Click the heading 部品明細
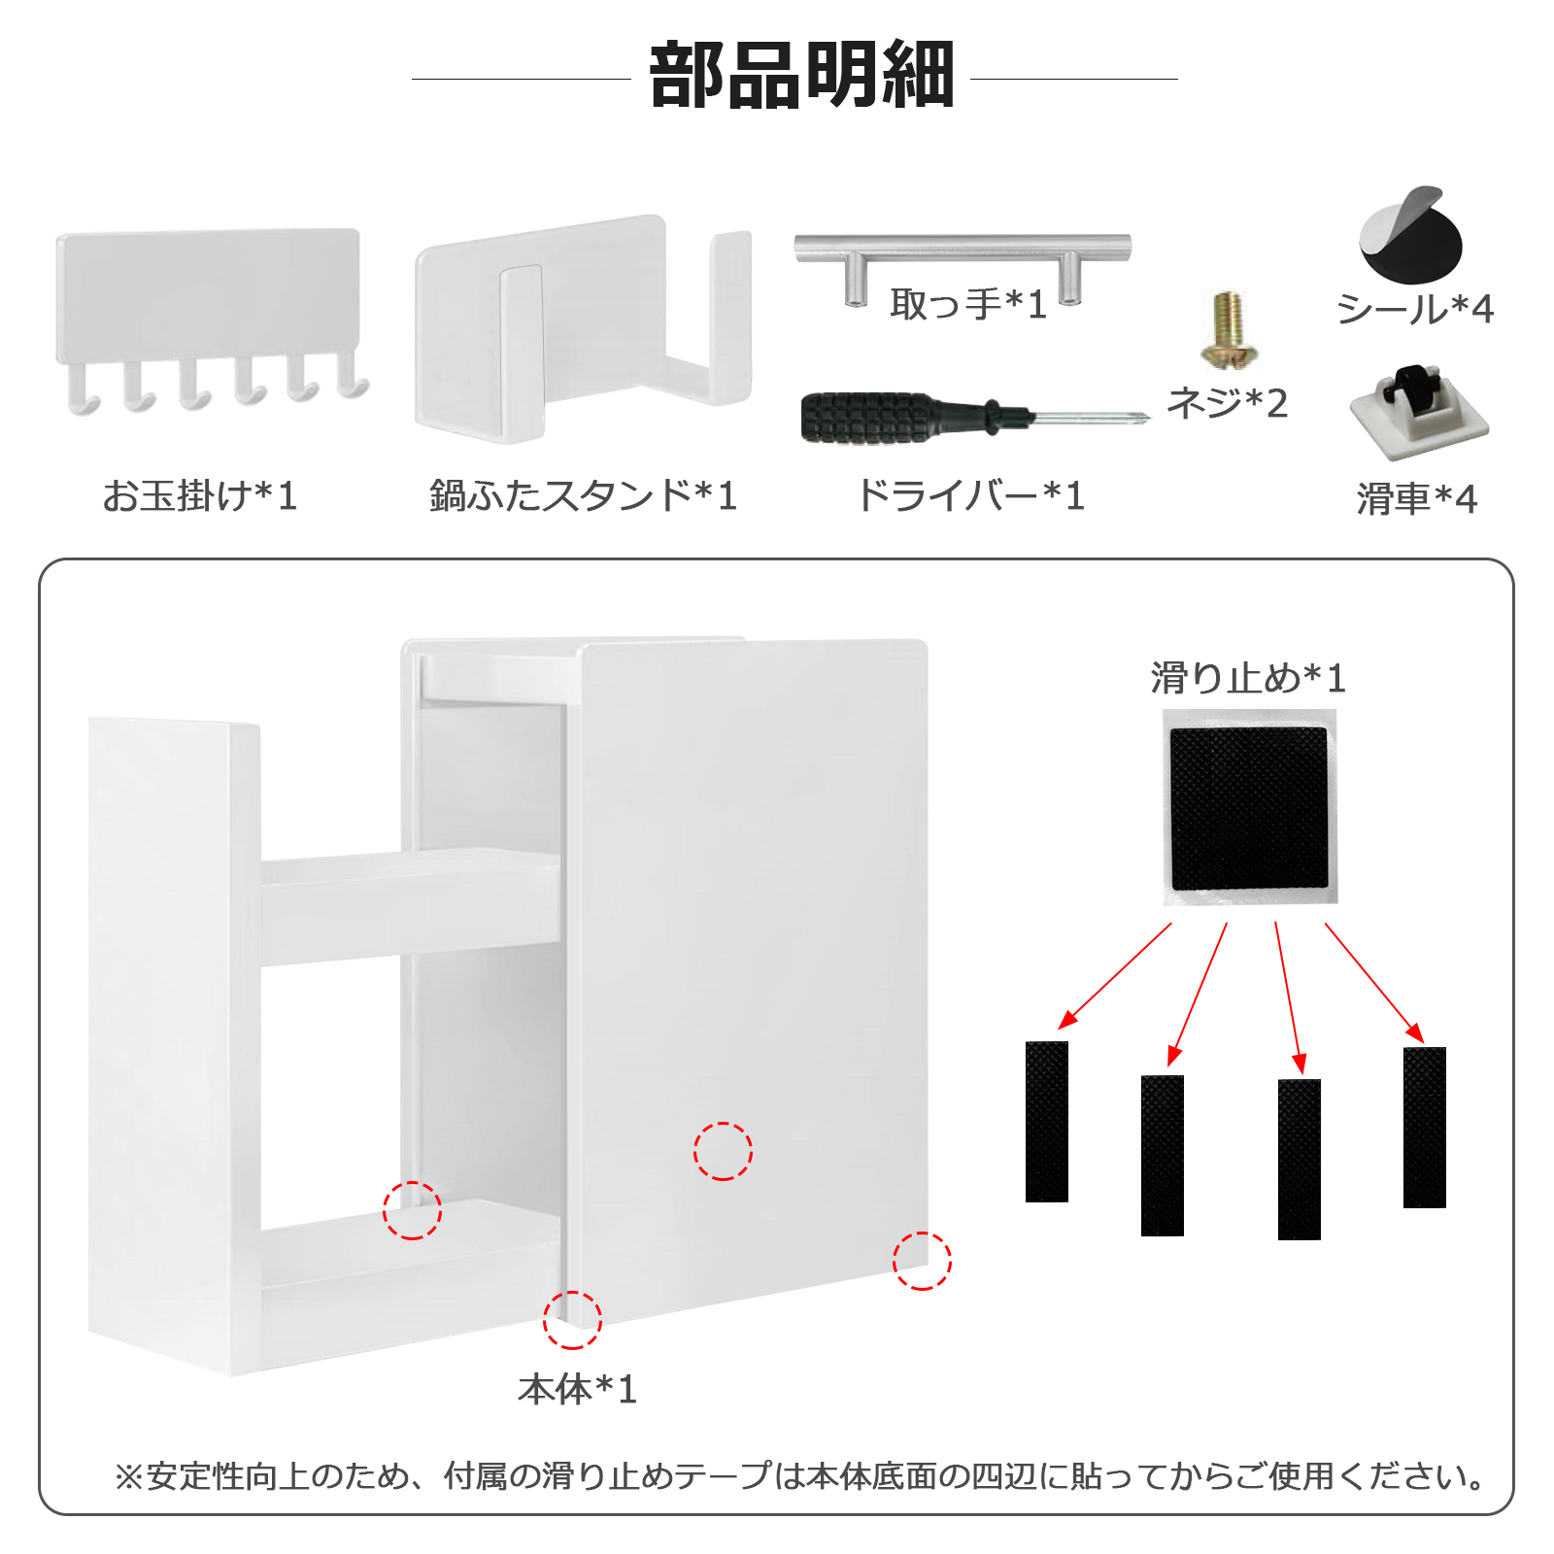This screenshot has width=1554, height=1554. point(802,75)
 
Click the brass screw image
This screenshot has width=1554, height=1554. point(1230,329)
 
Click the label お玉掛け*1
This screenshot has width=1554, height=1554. point(200,495)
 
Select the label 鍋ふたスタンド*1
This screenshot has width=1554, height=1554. point(584,495)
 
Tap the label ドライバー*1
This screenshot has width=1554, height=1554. point(969,495)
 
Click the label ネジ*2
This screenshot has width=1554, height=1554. point(1228,402)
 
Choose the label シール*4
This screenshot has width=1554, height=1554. point(1415,309)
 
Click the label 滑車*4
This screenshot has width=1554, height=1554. point(1417,499)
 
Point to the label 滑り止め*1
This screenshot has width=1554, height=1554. point(1249,678)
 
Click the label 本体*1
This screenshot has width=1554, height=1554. point(578,1389)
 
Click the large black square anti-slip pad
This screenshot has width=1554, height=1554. point(1249,808)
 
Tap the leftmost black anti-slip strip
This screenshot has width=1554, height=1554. point(1047,1122)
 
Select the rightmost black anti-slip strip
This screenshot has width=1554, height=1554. point(1425,1128)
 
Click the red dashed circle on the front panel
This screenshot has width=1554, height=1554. point(723,1151)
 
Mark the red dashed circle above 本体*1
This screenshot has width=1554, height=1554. point(572,1320)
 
